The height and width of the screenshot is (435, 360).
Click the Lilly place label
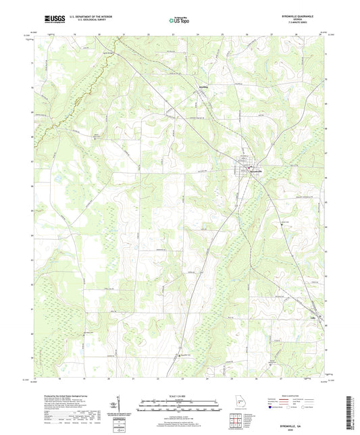click(x=313, y=313)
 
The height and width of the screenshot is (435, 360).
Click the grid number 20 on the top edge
click(x=99, y=33)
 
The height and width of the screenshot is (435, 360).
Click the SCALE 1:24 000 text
click(x=180, y=395)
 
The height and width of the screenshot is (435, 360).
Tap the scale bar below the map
click(x=180, y=407)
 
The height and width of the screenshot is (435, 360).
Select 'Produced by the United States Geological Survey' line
click(x=64, y=396)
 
